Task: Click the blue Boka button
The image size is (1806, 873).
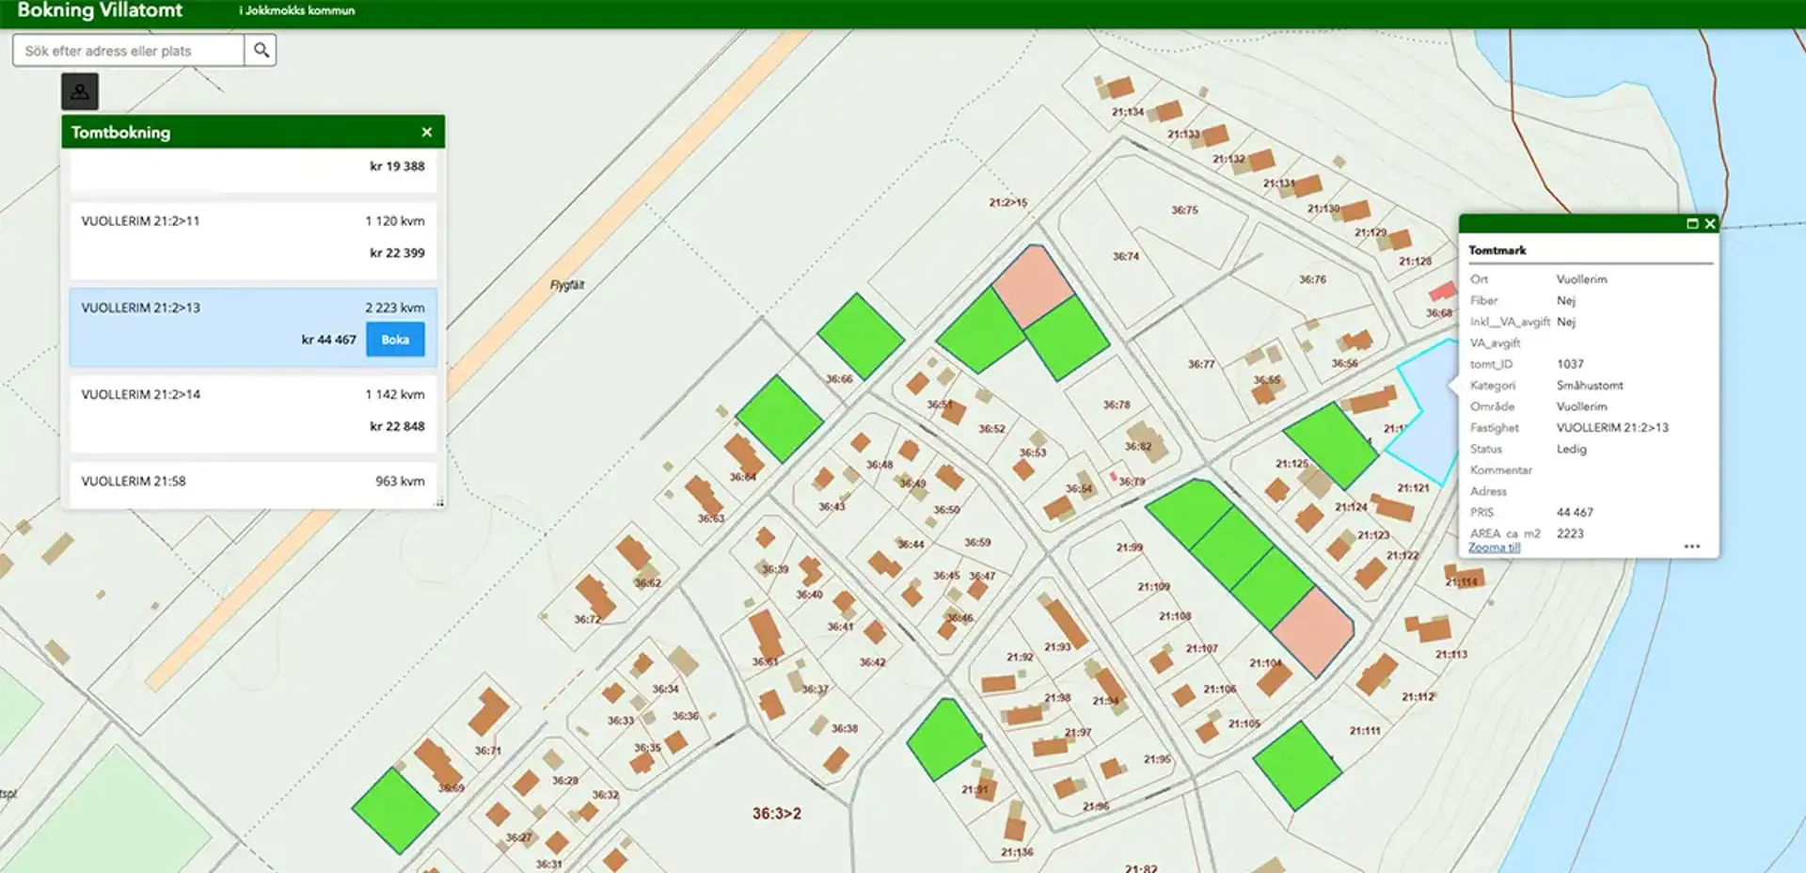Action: [395, 340]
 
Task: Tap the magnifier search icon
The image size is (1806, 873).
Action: [261, 50]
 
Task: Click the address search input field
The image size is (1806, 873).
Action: [129, 51]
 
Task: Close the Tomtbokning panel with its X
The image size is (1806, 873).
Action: [427, 133]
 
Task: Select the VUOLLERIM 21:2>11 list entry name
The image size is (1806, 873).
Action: [140, 221]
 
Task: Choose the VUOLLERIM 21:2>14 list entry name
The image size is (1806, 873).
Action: [140, 394]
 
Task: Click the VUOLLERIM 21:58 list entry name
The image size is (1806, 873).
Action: [134, 481]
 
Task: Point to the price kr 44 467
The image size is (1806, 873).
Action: [328, 340]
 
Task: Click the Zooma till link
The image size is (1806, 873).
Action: [1494, 548]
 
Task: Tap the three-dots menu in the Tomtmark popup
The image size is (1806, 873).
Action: [1691, 547]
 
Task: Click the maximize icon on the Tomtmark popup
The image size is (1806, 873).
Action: [1692, 224]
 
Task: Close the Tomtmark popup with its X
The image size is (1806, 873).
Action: [1710, 224]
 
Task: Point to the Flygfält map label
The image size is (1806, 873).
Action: [567, 285]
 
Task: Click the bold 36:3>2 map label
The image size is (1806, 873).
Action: [776, 814]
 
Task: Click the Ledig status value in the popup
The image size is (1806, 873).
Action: [1571, 449]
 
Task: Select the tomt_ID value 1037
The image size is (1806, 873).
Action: [1570, 364]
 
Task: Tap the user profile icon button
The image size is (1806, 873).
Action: [80, 91]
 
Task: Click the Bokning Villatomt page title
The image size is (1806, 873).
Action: [100, 11]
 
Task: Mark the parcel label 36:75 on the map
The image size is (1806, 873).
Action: [1184, 210]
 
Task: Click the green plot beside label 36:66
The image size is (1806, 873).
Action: [860, 336]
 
